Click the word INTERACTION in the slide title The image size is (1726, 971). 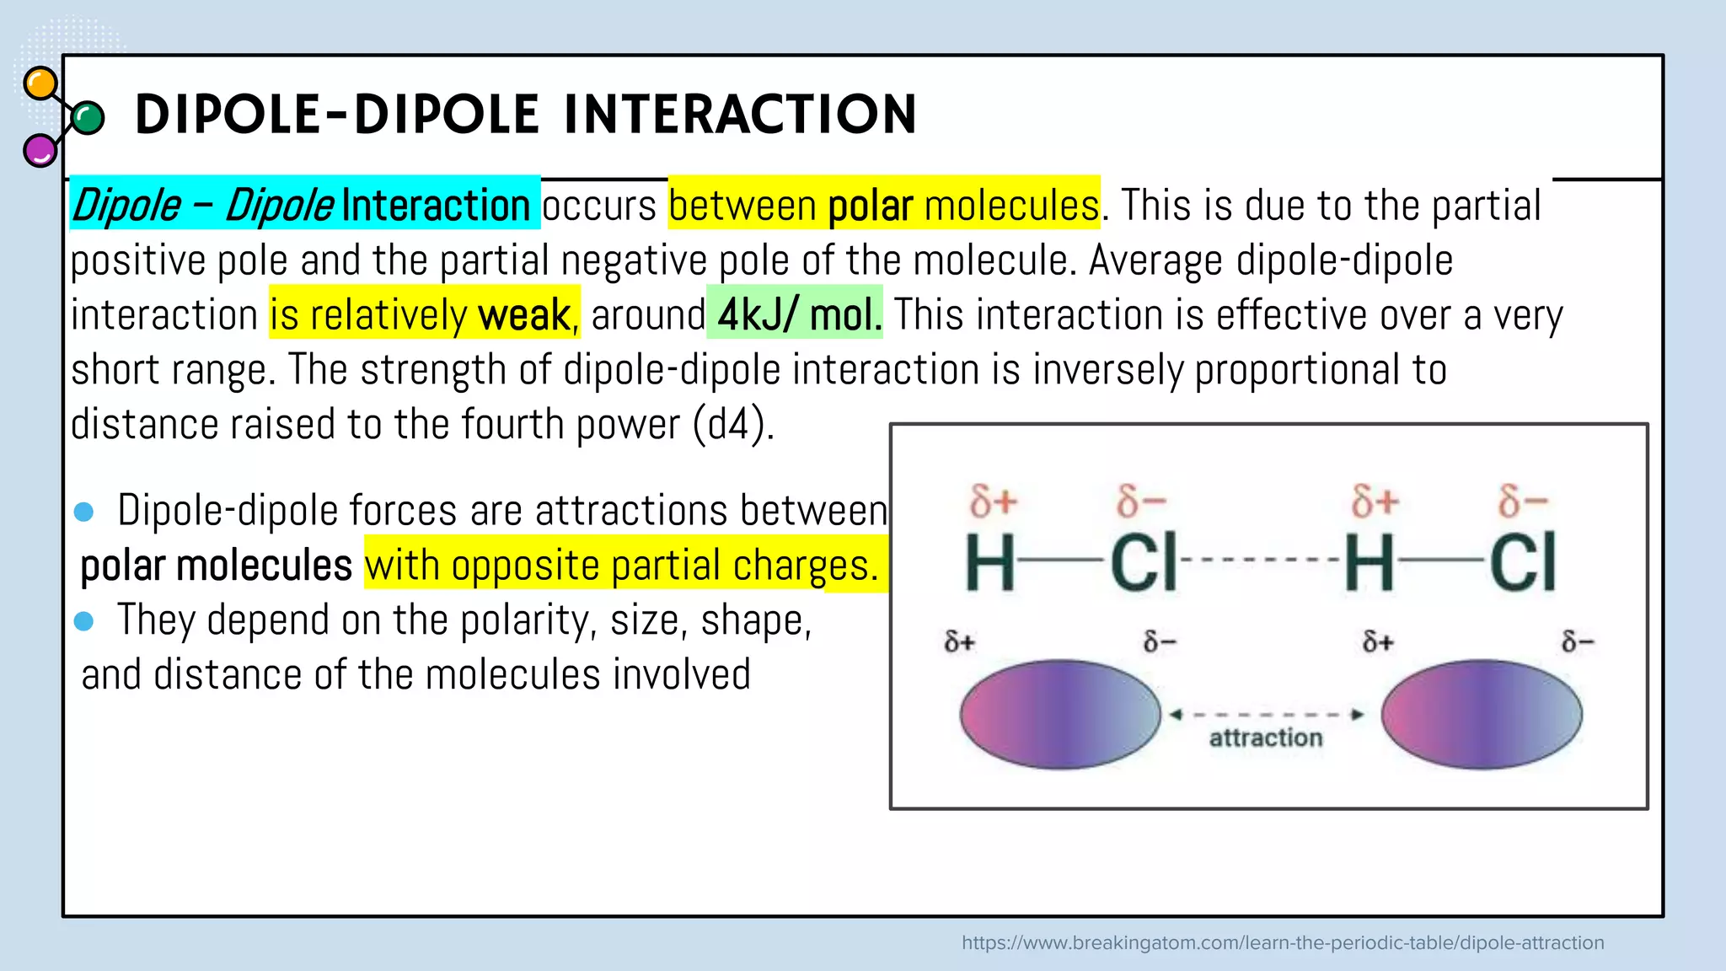click(740, 115)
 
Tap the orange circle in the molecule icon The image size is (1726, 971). click(40, 83)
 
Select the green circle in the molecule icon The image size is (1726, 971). click(88, 118)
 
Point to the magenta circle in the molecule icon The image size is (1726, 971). click(40, 151)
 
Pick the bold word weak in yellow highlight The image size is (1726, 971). click(524, 315)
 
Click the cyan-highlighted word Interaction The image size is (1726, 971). click(437, 206)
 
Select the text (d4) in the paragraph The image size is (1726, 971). click(732, 424)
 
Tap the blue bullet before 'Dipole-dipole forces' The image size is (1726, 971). click(84, 512)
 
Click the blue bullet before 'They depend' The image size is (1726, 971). click(84, 621)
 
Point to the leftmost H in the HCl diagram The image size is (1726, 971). click(989, 562)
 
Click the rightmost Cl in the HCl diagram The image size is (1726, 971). click(1522, 562)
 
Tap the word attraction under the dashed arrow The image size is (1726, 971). click(1266, 738)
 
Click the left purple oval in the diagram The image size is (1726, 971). click(1060, 714)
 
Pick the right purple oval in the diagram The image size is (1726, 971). click(1482, 714)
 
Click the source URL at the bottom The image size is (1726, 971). click(1283, 942)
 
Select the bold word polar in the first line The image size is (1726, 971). click(870, 206)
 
